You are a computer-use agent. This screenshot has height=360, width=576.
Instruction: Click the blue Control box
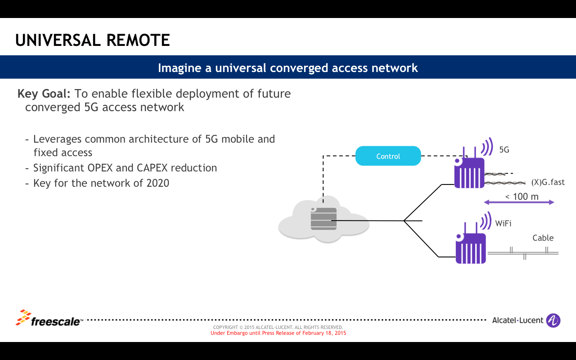pyautogui.click(x=388, y=156)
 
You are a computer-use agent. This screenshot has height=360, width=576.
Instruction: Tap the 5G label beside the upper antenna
pyautogui.click(x=504, y=150)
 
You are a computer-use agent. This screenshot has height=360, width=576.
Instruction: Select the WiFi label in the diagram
pyautogui.click(x=503, y=223)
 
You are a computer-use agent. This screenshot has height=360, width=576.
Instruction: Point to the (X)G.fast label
pyautogui.click(x=548, y=182)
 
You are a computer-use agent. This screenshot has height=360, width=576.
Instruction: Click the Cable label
pyautogui.click(x=543, y=238)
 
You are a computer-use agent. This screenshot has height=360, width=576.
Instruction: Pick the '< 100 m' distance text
pyautogui.click(x=522, y=196)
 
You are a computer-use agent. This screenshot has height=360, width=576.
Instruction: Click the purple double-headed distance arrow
pyautogui.click(x=519, y=202)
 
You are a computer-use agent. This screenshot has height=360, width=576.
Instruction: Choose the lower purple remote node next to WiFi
pyautogui.click(x=470, y=248)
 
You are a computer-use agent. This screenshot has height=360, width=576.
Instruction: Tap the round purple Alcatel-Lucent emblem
pyautogui.click(x=553, y=320)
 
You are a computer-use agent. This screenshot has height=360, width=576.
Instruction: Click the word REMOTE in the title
pyautogui.click(x=138, y=40)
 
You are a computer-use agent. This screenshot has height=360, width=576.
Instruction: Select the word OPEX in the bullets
pyautogui.click(x=99, y=168)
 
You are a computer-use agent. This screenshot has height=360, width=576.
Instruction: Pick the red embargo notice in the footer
pyautogui.click(x=278, y=333)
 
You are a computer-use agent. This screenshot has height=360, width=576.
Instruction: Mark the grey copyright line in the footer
pyautogui.click(x=278, y=327)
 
